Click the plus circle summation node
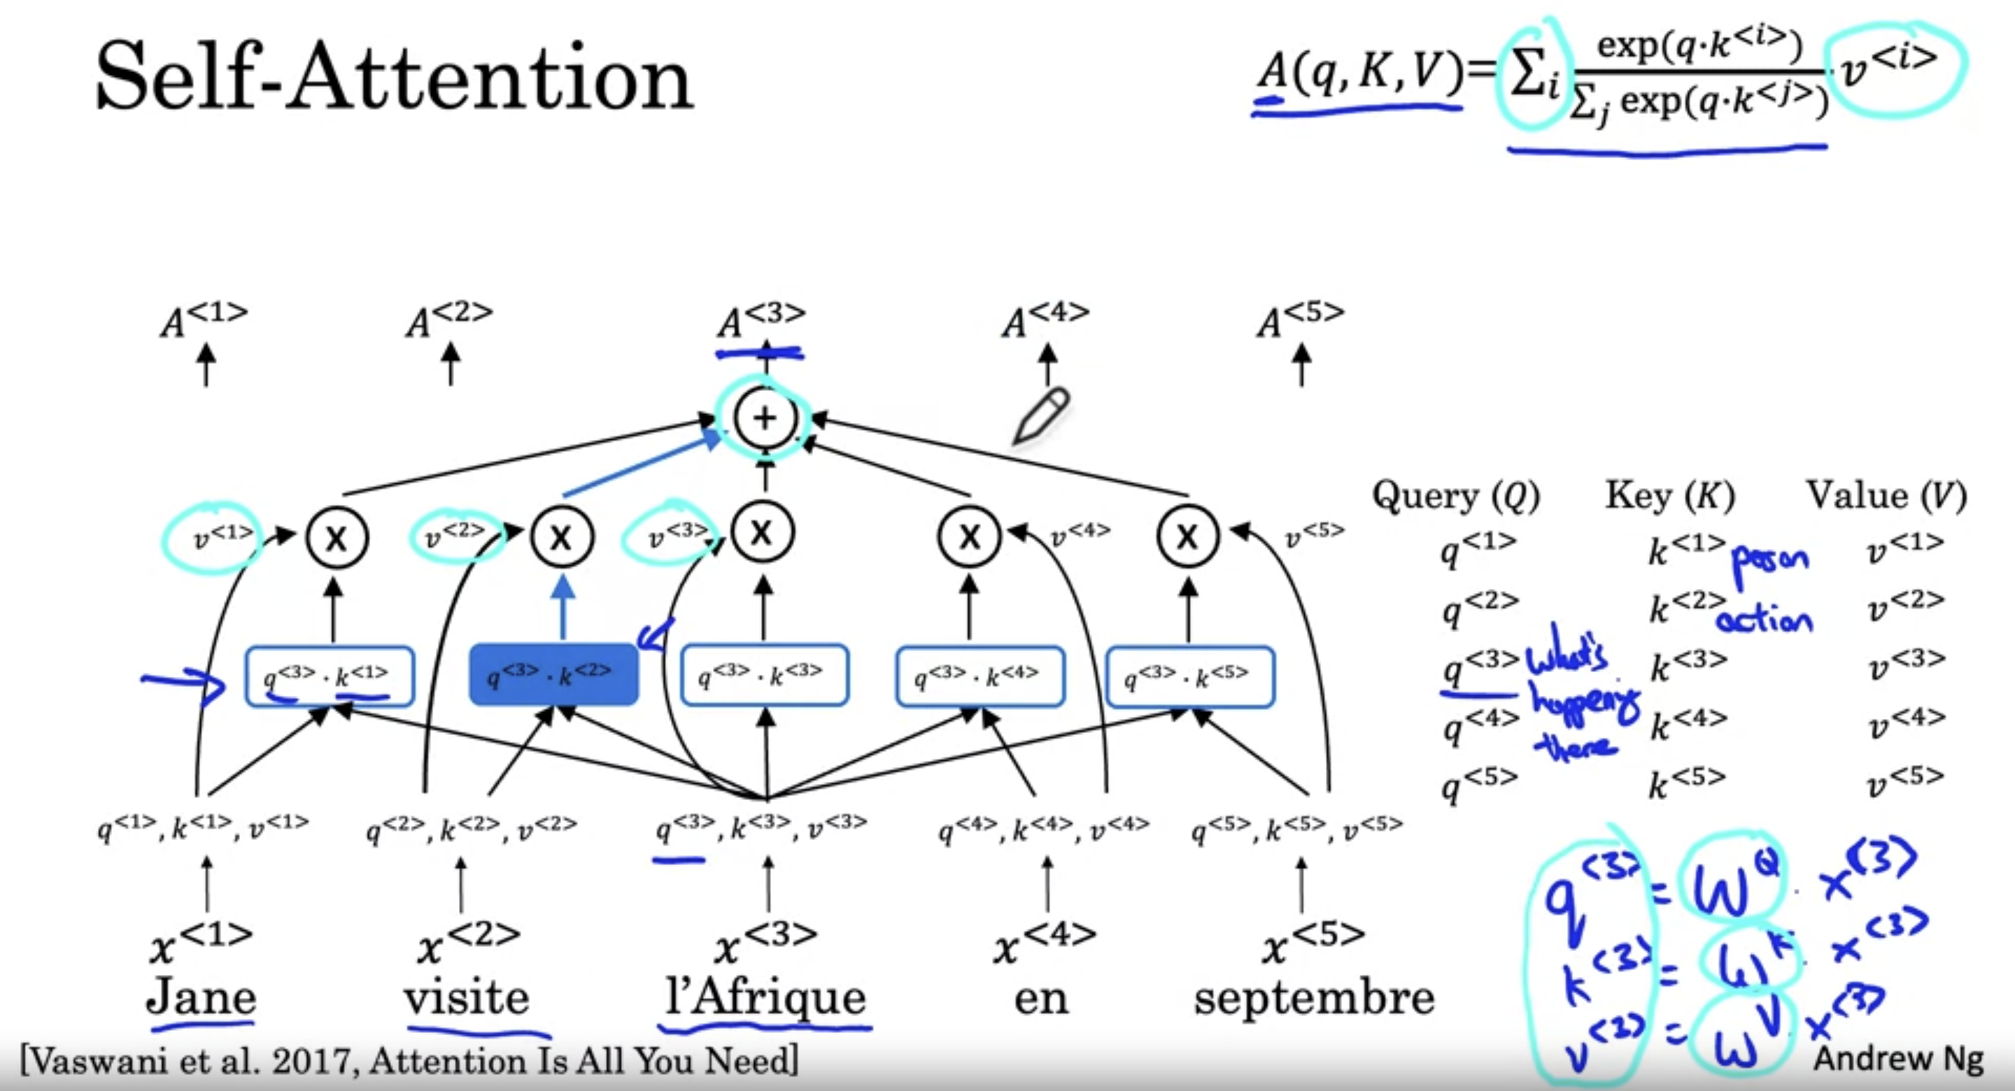(764, 418)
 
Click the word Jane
(201, 997)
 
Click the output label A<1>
(204, 319)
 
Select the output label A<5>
(1300, 319)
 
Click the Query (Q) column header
(1456, 496)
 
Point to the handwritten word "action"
(1764, 620)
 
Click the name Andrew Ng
(1898, 1059)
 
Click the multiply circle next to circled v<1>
(337, 537)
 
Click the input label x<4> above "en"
(1042, 943)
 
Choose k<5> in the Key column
(1686, 781)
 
